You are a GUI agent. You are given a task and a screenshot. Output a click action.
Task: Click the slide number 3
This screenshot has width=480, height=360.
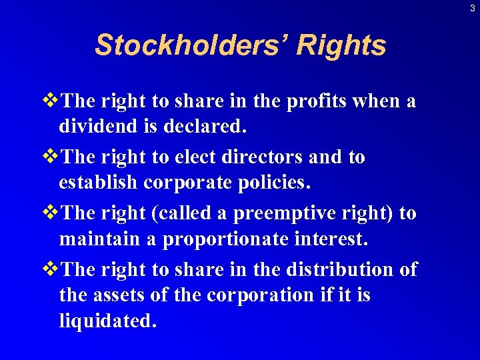[x=472, y=8]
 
